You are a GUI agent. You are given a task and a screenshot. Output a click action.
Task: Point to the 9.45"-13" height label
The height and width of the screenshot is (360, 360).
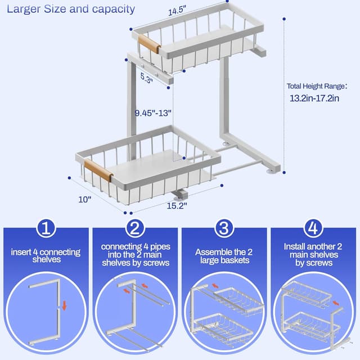click(153, 112)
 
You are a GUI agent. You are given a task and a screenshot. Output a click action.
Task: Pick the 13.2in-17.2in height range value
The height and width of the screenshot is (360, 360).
click(314, 98)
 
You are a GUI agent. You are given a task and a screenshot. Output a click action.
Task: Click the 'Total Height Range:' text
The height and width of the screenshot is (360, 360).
click(314, 86)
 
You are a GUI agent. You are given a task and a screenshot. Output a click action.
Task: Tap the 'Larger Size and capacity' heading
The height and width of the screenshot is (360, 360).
click(71, 9)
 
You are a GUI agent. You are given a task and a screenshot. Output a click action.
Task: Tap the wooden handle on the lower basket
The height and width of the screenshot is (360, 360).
click(98, 170)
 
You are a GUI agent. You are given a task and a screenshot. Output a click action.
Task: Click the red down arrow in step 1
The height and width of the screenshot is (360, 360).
click(65, 306)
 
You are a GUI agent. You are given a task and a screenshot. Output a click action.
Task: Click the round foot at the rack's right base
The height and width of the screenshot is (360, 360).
click(273, 168)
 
